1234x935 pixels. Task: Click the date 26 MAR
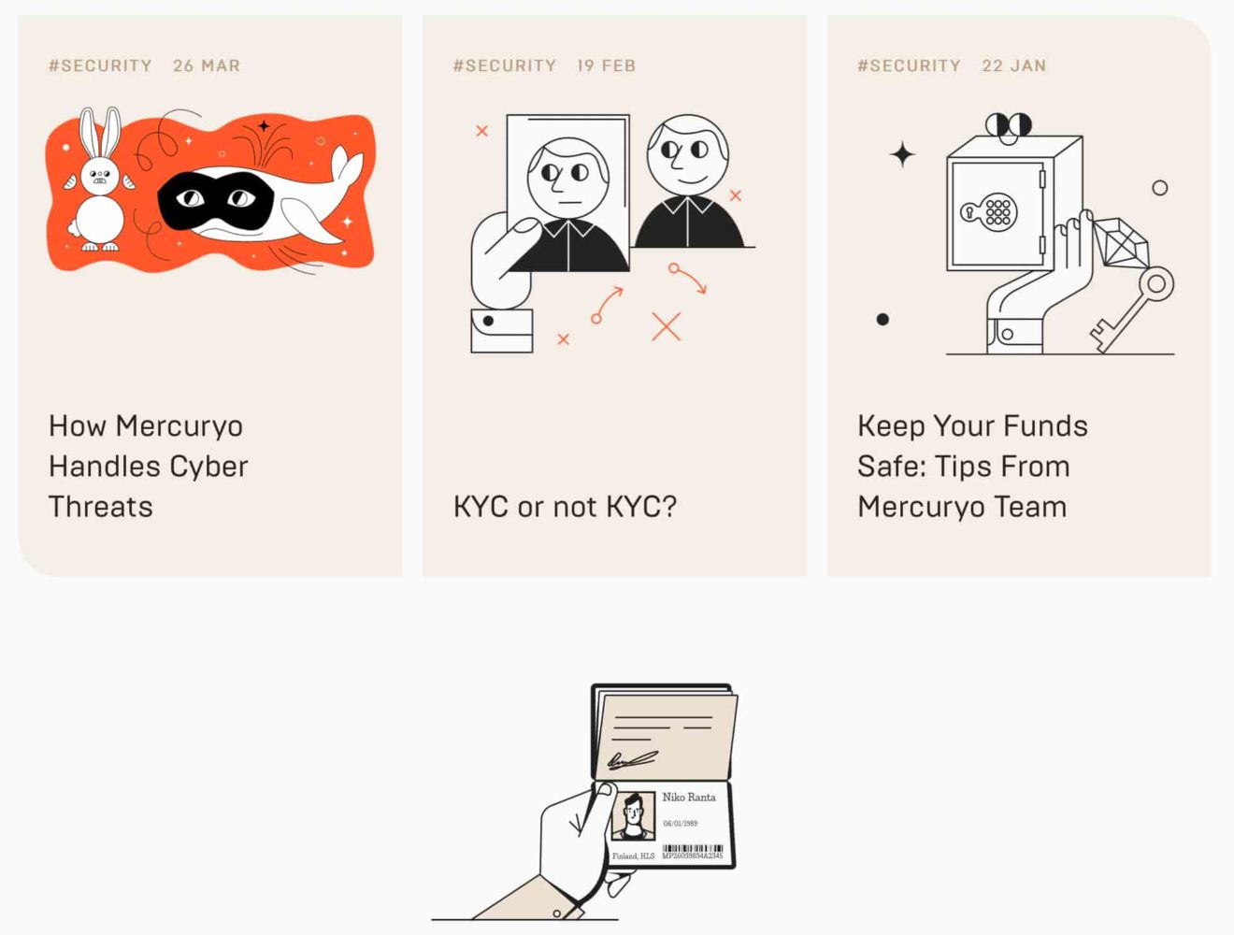tap(207, 65)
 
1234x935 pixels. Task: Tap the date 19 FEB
tap(606, 65)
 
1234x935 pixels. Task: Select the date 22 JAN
tap(1013, 65)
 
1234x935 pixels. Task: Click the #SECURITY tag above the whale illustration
tap(100, 65)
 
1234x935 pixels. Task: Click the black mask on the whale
tap(215, 199)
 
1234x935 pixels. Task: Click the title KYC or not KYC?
tap(565, 507)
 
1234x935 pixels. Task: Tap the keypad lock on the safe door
tap(991, 212)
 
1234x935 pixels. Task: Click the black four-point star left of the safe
tap(902, 154)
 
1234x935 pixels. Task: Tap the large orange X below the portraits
tap(666, 326)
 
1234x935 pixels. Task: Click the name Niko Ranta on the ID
tap(689, 798)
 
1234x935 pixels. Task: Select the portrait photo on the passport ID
tap(633, 816)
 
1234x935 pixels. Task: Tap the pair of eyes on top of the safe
tap(1008, 124)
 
